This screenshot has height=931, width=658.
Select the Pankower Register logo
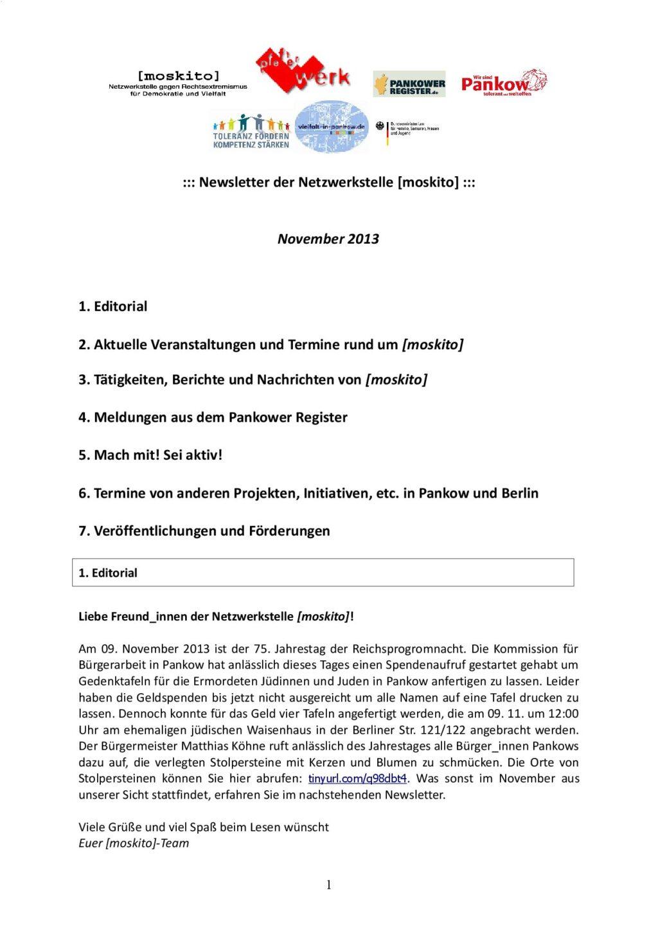click(409, 84)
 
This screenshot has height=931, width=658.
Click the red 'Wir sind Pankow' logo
click(504, 82)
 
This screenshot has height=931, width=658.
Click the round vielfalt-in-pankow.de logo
click(332, 127)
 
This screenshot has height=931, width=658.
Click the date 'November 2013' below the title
click(328, 239)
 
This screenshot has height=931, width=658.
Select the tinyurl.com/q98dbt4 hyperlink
click(358, 779)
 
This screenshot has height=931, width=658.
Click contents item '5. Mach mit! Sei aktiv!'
click(150, 455)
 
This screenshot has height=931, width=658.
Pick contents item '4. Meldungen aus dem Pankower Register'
click(213, 417)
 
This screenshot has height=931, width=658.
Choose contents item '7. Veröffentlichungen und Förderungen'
click(204, 531)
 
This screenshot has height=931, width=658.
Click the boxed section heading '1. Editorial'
click(108, 573)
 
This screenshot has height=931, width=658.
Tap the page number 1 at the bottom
click(328, 885)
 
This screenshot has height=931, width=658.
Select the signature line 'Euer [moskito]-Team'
click(134, 843)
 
